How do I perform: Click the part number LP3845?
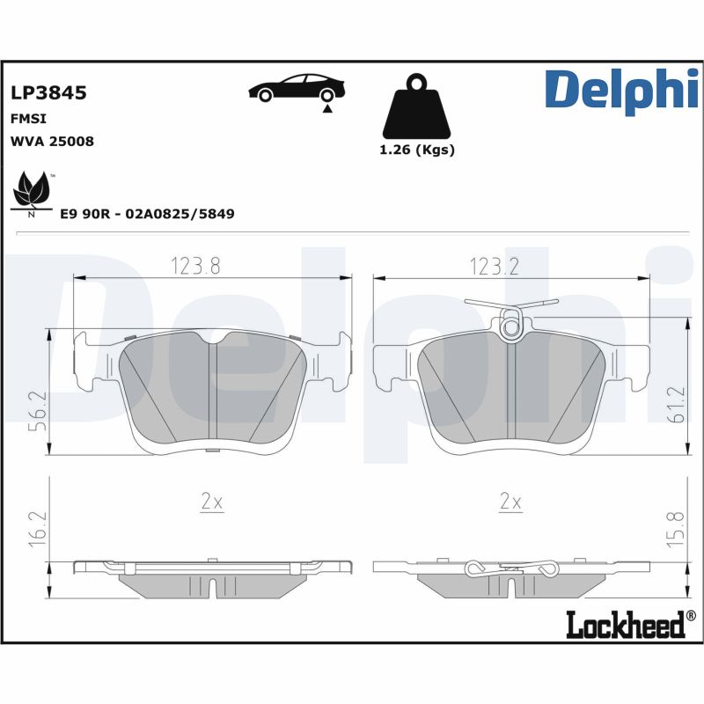[x=48, y=92]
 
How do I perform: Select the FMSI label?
[x=28, y=119]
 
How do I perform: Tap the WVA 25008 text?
[x=52, y=142]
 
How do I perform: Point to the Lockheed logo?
[x=631, y=625]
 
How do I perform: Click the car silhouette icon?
[x=297, y=87]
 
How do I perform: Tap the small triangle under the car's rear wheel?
[x=327, y=108]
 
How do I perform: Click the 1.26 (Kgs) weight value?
[x=417, y=150]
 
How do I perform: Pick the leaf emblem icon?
[x=33, y=194]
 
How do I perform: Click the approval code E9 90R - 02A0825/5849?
[x=147, y=214]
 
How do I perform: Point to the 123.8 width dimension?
[x=195, y=266]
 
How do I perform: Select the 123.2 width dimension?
[x=494, y=267]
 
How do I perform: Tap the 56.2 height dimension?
[x=37, y=411]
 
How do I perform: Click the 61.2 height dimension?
[x=677, y=404]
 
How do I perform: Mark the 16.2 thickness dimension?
[x=38, y=529]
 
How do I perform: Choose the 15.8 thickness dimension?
[x=676, y=529]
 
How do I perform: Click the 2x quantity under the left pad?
[x=212, y=502]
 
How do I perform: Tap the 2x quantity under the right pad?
[x=510, y=502]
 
